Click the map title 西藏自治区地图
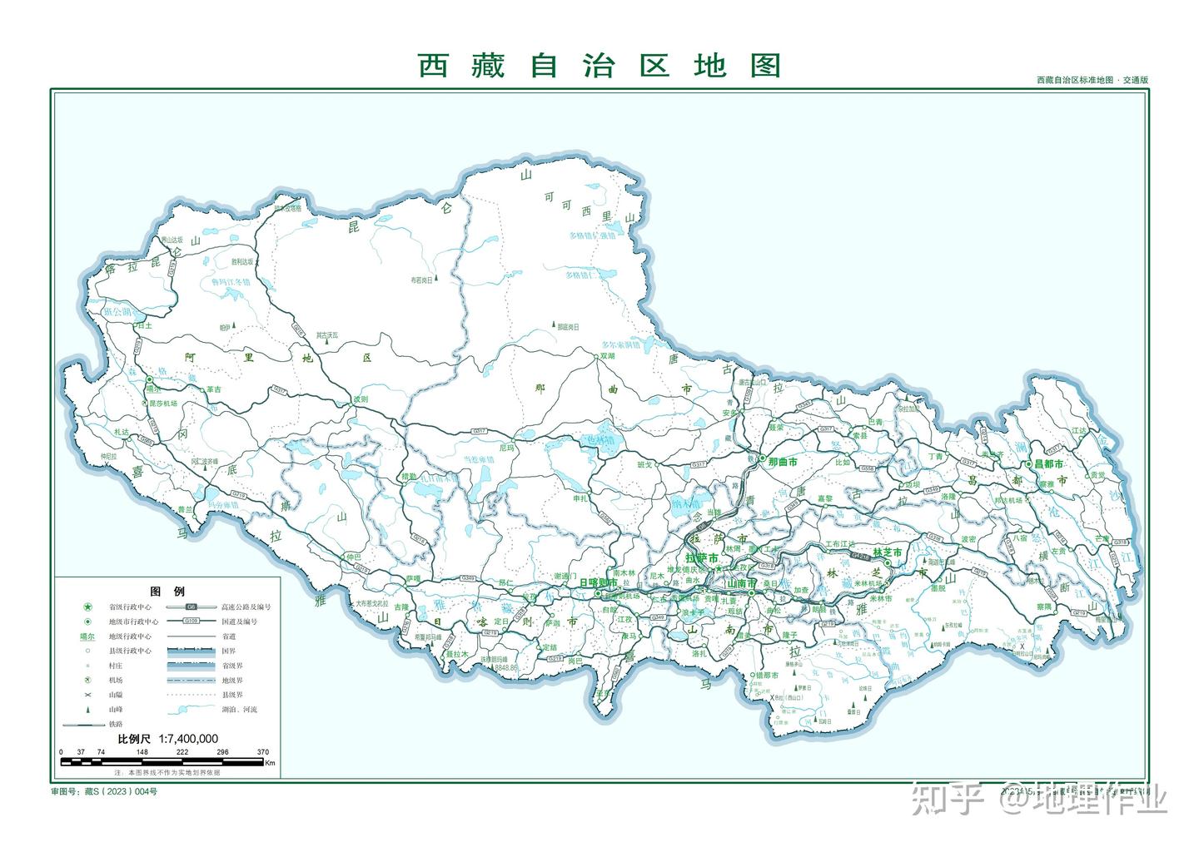click(599, 65)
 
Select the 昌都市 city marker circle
click(1029, 464)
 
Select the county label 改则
click(360, 399)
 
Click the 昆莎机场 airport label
click(163, 403)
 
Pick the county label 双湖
click(607, 355)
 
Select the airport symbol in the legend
click(87, 680)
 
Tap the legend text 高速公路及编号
click(246, 607)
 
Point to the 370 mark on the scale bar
click(263, 752)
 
